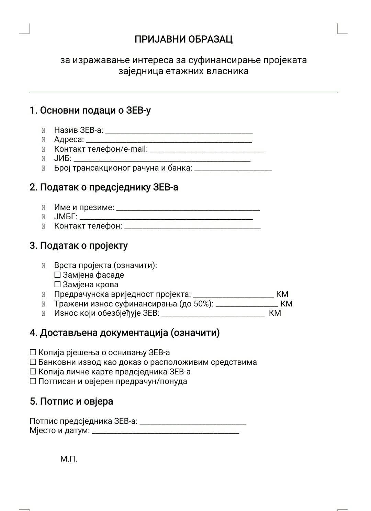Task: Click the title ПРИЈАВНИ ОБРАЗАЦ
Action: [x=183, y=39]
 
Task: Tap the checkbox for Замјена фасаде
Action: [x=57, y=275]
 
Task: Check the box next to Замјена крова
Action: [x=57, y=284]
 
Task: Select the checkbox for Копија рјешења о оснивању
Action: [x=33, y=352]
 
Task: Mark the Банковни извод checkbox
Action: [x=33, y=362]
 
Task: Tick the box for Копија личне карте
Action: [x=33, y=372]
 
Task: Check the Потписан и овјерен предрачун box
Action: [x=33, y=381]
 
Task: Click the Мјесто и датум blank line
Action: [x=165, y=432]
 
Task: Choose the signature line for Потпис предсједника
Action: [x=193, y=423]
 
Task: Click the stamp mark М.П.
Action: [x=69, y=459]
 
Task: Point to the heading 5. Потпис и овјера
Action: [x=71, y=401]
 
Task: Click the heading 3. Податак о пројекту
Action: [x=79, y=246]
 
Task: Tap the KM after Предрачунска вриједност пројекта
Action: [x=282, y=294]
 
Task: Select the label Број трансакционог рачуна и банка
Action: [x=123, y=168]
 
